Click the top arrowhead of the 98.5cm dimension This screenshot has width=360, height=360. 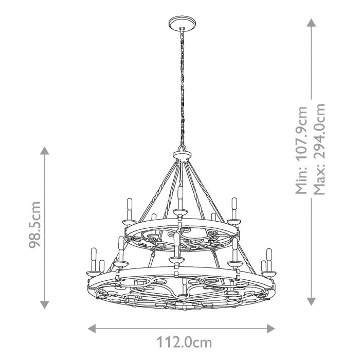click(x=45, y=151)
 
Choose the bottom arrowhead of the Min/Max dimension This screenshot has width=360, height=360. click(x=311, y=303)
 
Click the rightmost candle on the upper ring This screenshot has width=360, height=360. click(x=234, y=208)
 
